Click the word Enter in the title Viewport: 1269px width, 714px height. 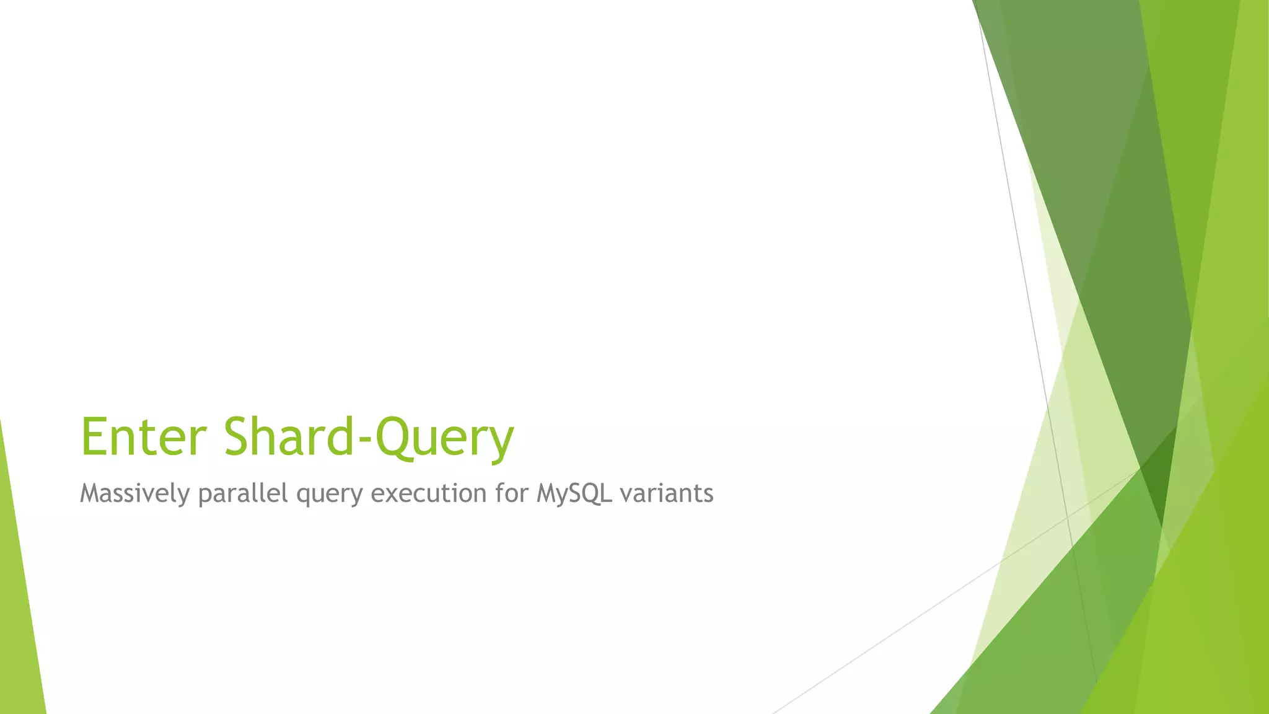[143, 436]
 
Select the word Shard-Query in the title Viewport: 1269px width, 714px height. [369, 438]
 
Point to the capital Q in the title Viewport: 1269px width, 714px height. [395, 436]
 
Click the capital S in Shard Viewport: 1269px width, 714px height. [241, 436]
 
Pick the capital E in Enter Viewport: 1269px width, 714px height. [95, 436]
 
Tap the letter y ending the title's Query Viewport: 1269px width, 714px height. [499, 443]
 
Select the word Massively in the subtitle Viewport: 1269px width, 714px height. [134, 494]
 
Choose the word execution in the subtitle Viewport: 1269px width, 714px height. [428, 493]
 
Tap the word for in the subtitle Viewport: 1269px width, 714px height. [511, 493]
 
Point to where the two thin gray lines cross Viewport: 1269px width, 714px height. [1067, 516]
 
